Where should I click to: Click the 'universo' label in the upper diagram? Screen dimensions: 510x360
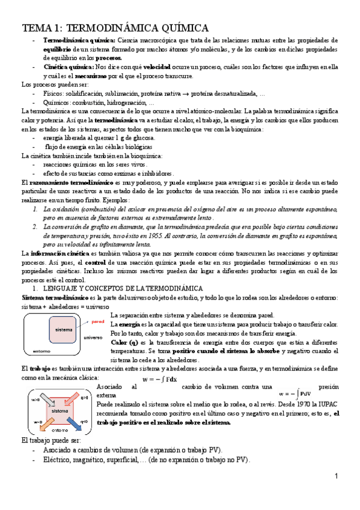(94, 337)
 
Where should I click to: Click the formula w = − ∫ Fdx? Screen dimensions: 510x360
(159, 380)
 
